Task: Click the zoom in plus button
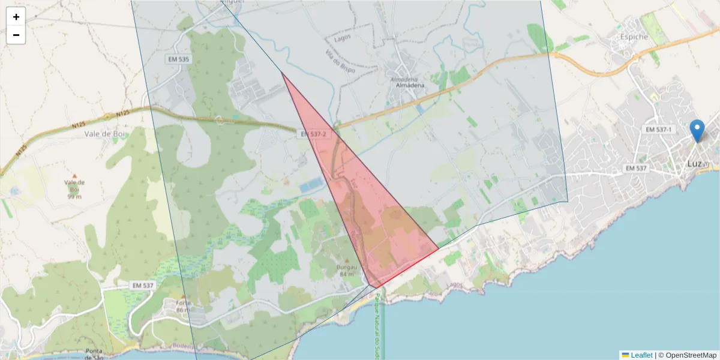[x=16, y=17]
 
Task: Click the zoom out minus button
[x=16, y=35]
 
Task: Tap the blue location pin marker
[x=697, y=130]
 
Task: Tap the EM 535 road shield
[x=178, y=59]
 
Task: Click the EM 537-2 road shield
[x=314, y=134]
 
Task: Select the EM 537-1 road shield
[x=659, y=130]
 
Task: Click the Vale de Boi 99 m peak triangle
[x=74, y=176]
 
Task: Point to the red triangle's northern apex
[x=281, y=72]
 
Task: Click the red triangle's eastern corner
[x=438, y=248]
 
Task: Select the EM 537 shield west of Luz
[x=636, y=168]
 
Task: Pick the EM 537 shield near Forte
[x=143, y=286]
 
